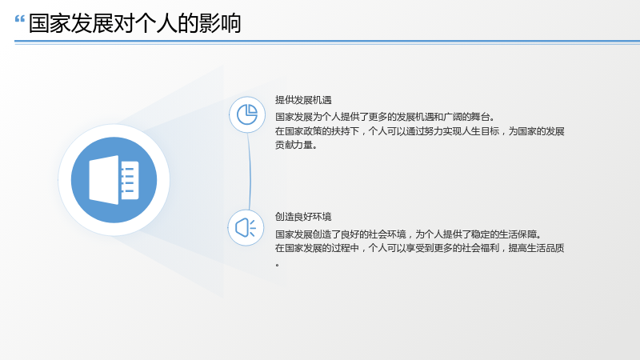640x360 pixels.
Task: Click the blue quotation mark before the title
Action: point(19,18)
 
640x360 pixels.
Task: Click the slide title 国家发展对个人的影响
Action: point(134,23)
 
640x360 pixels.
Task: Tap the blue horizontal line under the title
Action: point(327,42)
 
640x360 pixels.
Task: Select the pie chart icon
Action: point(247,114)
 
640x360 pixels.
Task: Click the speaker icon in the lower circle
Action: point(246,228)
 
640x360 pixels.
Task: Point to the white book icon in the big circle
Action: point(114,179)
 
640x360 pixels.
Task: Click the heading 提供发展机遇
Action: point(303,100)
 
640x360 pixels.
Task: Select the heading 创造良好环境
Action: point(303,217)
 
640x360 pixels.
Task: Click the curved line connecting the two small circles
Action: point(250,171)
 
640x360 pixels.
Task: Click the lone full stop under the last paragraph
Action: point(278,266)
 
